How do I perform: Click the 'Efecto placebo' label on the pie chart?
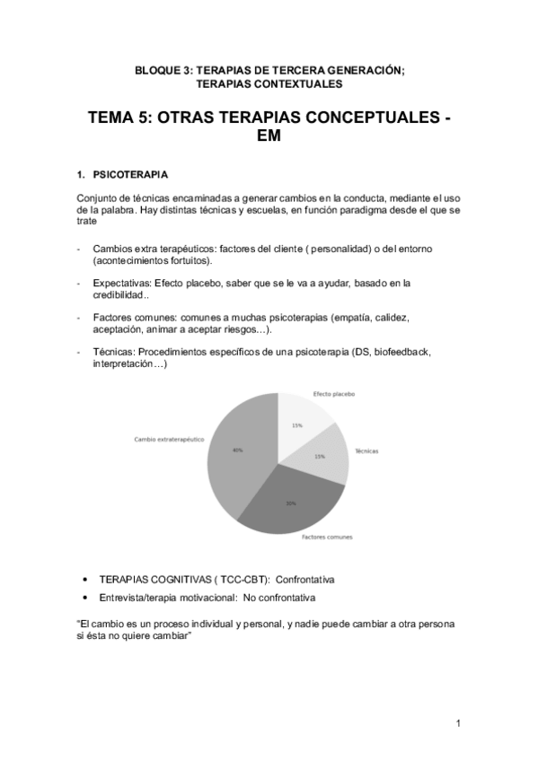click(334, 394)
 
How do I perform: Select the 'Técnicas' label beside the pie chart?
click(366, 450)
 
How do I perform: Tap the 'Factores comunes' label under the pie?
click(327, 537)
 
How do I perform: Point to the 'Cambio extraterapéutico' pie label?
click(169, 439)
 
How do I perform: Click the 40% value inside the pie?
click(237, 450)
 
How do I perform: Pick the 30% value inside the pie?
click(291, 503)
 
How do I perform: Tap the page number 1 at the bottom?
click(458, 723)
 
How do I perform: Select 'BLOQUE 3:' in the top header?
click(163, 70)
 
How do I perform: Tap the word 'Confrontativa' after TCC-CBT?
click(305, 580)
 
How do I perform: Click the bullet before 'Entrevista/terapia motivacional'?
click(84, 598)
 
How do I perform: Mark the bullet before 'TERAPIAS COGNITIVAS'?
click(84, 580)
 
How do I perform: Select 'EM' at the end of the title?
click(269, 138)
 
